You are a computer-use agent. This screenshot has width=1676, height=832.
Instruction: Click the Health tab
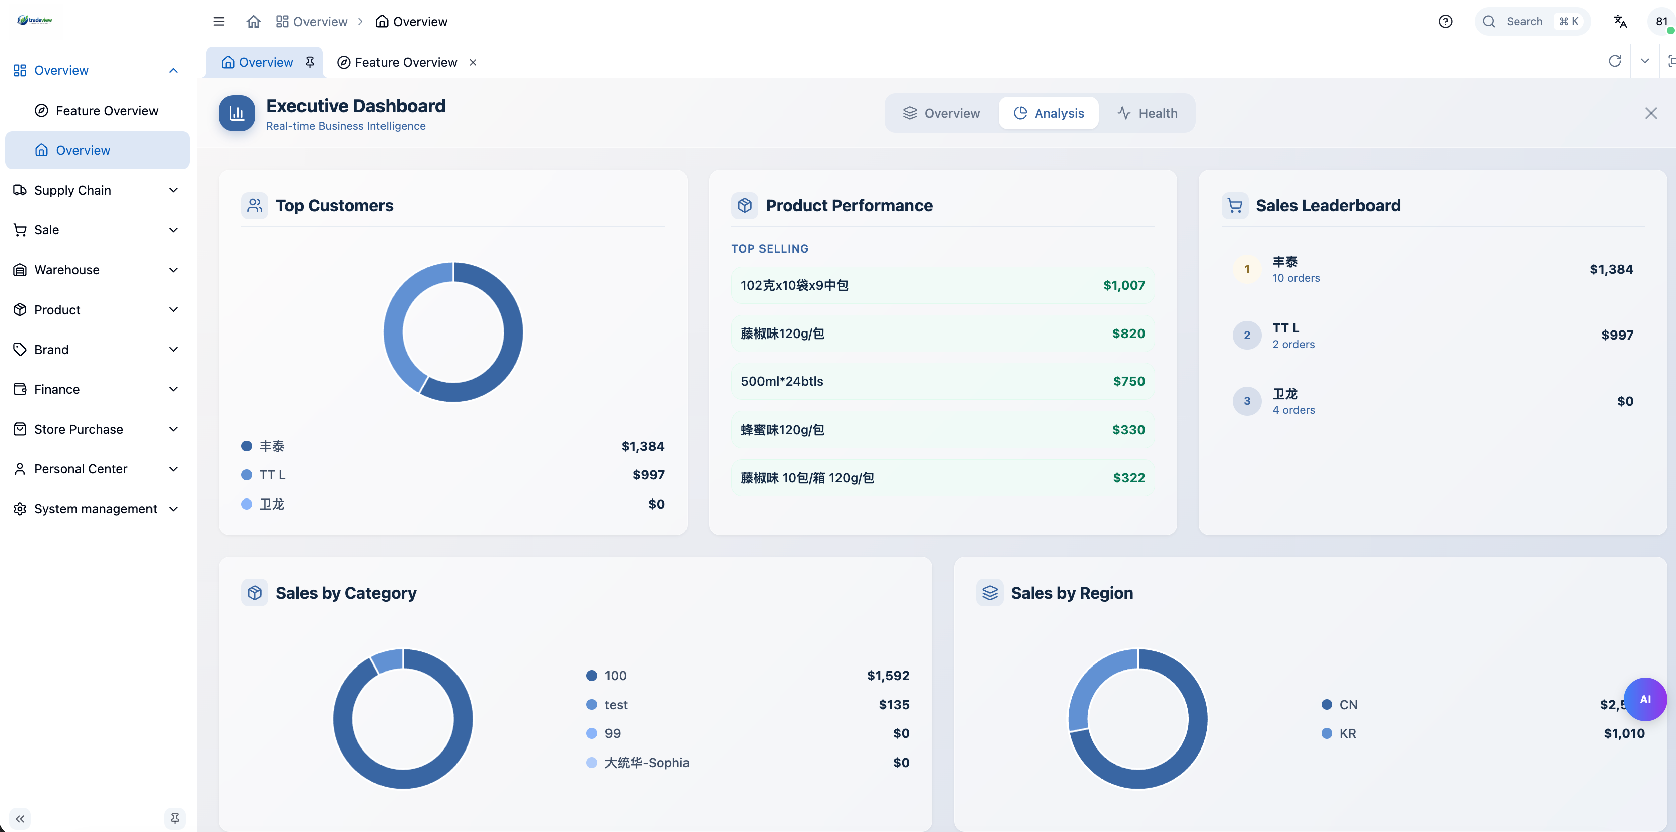click(x=1147, y=113)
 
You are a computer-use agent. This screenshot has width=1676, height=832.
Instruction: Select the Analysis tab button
click(x=1048, y=113)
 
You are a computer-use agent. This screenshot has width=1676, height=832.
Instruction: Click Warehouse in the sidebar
click(x=66, y=269)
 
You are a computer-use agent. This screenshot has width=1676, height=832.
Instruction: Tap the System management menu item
click(x=95, y=509)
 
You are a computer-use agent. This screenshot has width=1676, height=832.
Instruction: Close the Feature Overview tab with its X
click(x=473, y=62)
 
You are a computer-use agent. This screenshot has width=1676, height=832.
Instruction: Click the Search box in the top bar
click(x=1524, y=22)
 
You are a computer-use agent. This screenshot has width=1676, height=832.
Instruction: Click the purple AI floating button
click(x=1644, y=699)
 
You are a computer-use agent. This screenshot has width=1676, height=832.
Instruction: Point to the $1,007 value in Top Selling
click(x=1123, y=285)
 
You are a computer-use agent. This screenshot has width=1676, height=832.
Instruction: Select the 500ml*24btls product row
click(x=942, y=381)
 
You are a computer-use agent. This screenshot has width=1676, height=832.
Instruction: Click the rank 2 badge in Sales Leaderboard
click(x=1246, y=335)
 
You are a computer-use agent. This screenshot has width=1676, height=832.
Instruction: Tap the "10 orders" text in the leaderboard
click(x=1296, y=278)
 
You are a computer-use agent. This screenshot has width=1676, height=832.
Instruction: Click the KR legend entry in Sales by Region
click(x=1347, y=733)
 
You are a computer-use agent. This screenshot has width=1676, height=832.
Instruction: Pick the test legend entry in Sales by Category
click(x=615, y=705)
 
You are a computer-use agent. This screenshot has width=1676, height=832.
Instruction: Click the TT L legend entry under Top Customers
click(x=272, y=475)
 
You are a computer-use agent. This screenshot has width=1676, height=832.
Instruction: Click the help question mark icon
click(x=1445, y=22)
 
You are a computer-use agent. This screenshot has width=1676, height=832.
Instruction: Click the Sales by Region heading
click(x=1071, y=593)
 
